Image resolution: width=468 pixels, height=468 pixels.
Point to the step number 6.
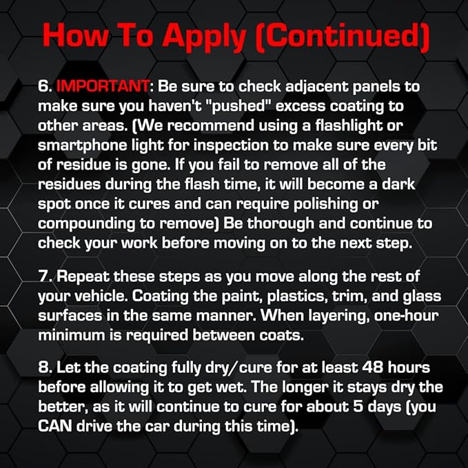click(44, 88)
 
